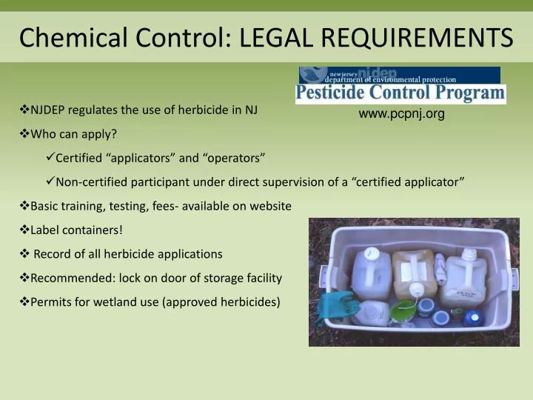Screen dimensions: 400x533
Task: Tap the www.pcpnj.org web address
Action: click(x=401, y=113)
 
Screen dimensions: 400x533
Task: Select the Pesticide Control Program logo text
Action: click(x=400, y=93)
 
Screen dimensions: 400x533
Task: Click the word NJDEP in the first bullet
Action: click(x=50, y=110)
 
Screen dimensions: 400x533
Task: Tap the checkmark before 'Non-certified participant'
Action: click(x=50, y=182)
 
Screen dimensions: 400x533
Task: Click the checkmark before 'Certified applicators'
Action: click(x=50, y=158)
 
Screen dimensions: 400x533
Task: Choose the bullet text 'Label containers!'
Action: click(x=76, y=230)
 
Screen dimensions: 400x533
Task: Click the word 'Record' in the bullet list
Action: click(x=52, y=253)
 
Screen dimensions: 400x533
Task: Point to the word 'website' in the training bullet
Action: click(x=271, y=206)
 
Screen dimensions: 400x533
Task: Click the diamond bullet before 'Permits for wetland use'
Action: click(x=24, y=301)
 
